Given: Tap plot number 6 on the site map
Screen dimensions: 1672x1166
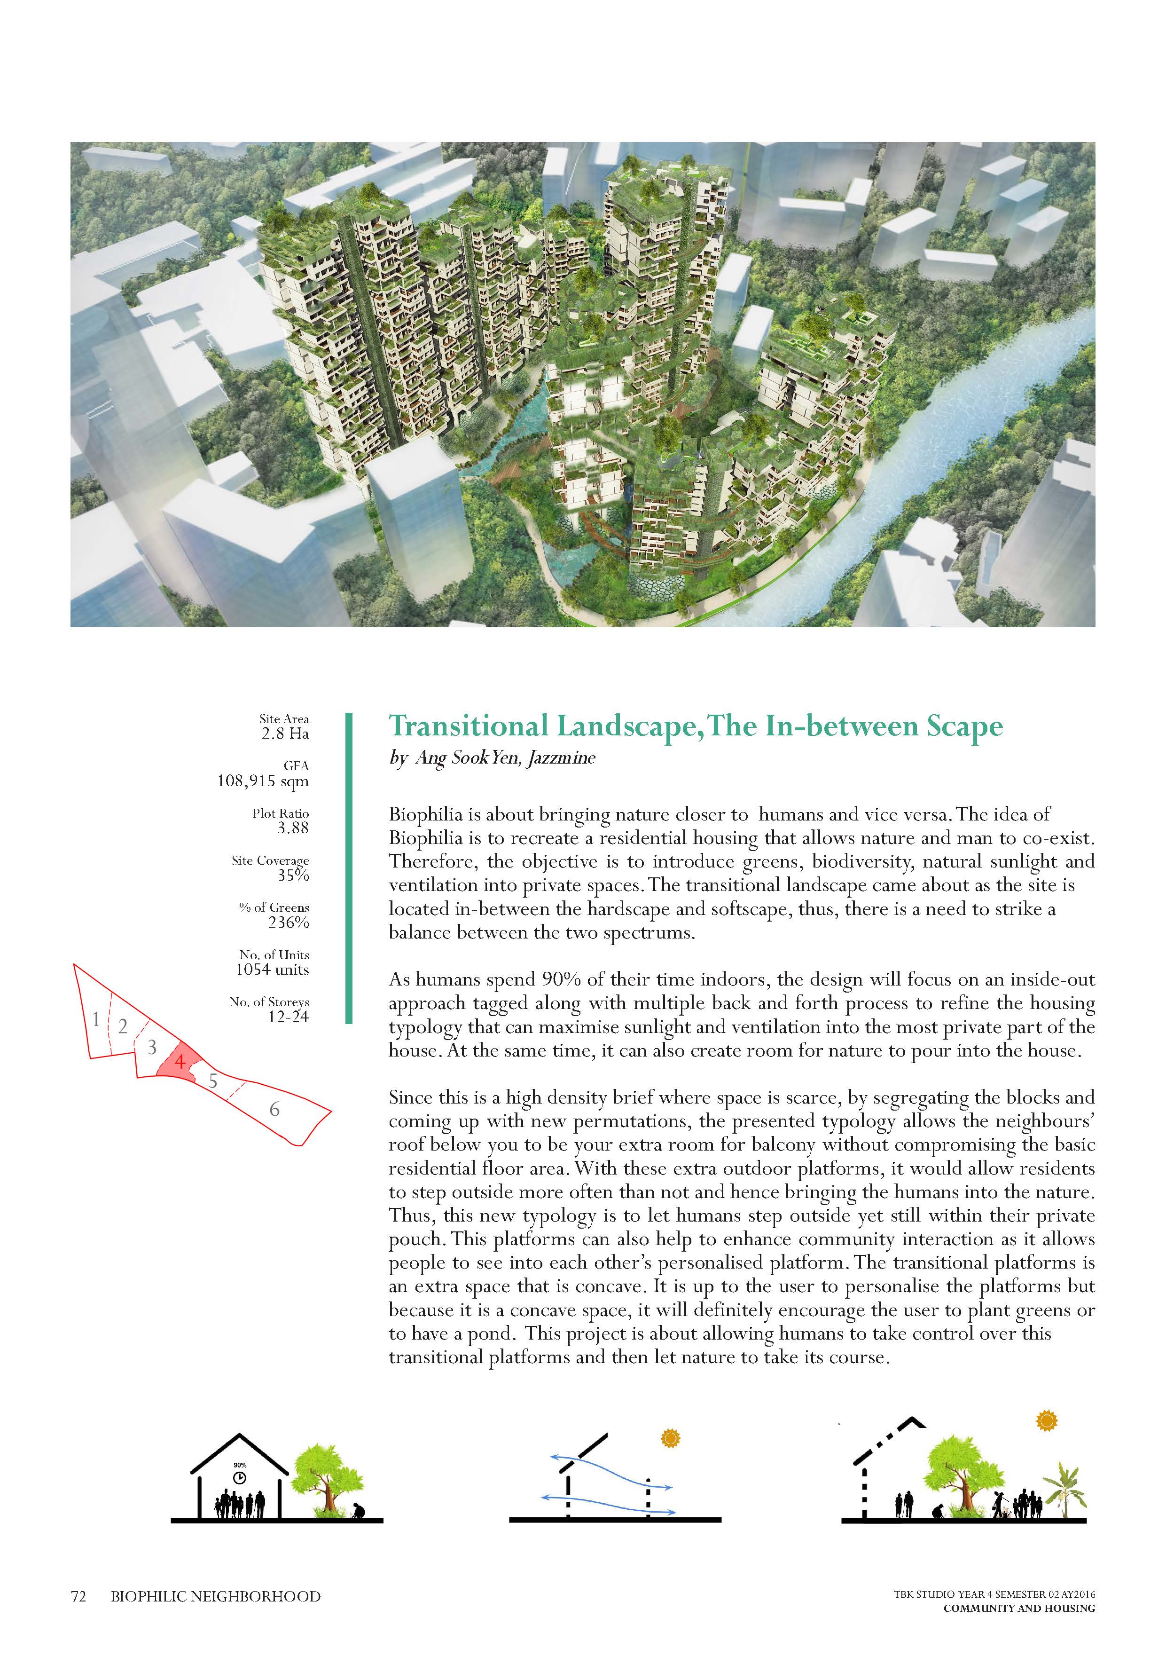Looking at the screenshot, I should [274, 1110].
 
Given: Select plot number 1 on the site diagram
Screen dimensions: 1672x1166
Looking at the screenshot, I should [96, 1019].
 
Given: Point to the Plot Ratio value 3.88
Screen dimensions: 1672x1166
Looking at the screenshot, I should [293, 828].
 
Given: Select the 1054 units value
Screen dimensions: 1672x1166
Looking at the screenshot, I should [272, 970].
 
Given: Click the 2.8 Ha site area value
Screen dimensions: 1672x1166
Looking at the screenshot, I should [285, 734].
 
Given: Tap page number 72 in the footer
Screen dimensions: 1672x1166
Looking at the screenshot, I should [78, 1597].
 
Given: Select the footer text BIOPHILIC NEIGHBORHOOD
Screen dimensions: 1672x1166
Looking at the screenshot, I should [215, 1597].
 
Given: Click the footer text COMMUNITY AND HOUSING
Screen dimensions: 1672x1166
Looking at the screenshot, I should [1019, 1608].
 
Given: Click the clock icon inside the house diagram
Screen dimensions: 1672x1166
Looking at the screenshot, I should [240, 1477].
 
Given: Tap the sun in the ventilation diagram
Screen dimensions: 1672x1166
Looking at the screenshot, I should [670, 1438].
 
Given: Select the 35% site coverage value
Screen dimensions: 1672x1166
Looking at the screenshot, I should [293, 875].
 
